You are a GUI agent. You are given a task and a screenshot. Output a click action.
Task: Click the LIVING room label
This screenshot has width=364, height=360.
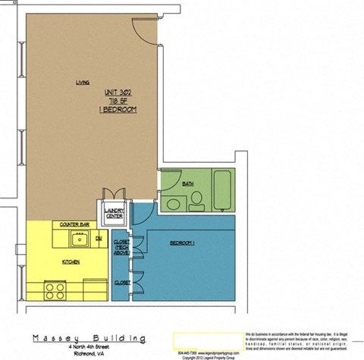[83, 83]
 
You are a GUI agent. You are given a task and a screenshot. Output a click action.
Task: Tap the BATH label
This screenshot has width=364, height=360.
[188, 183]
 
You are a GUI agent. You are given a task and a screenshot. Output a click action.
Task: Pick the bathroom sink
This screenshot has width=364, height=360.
[174, 204]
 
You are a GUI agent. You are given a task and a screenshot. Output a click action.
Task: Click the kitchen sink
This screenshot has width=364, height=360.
[80, 239]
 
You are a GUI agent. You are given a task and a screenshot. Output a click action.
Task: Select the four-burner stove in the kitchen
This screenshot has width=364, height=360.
[54, 290]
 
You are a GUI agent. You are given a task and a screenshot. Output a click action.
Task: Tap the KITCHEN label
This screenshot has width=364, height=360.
[73, 261]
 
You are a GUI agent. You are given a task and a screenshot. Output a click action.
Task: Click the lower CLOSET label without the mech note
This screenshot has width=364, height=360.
[121, 282]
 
